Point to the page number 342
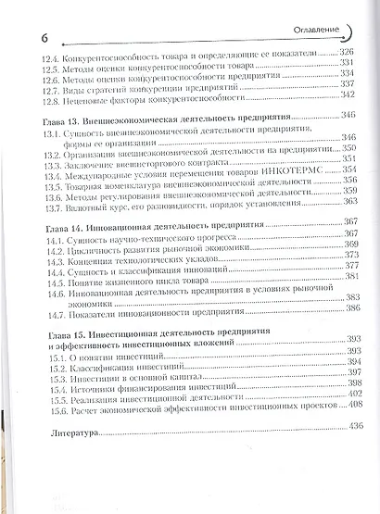tap(344, 94)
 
